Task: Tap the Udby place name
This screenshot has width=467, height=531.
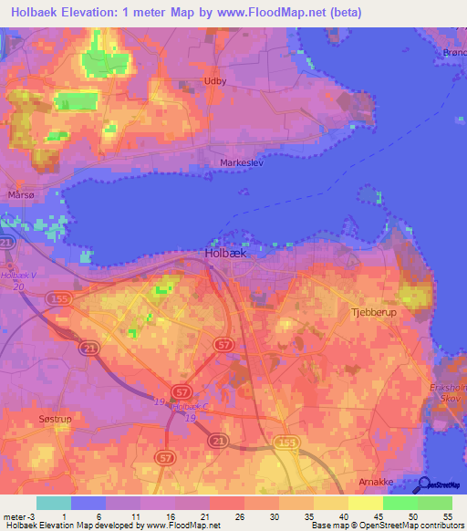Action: [216, 80]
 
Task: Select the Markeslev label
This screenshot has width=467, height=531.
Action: [241, 163]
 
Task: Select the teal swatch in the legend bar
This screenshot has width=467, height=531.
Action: [53, 502]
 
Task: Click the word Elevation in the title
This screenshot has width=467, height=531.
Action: [89, 13]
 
